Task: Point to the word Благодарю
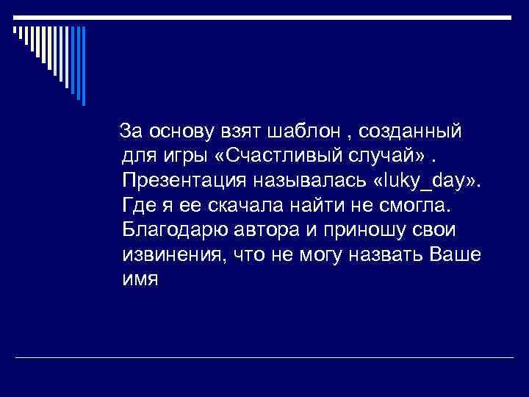pyautogui.click(x=177, y=229)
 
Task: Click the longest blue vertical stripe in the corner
pyautogui.click(x=83, y=65)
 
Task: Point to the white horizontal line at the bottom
pyautogui.click(x=264, y=357)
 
